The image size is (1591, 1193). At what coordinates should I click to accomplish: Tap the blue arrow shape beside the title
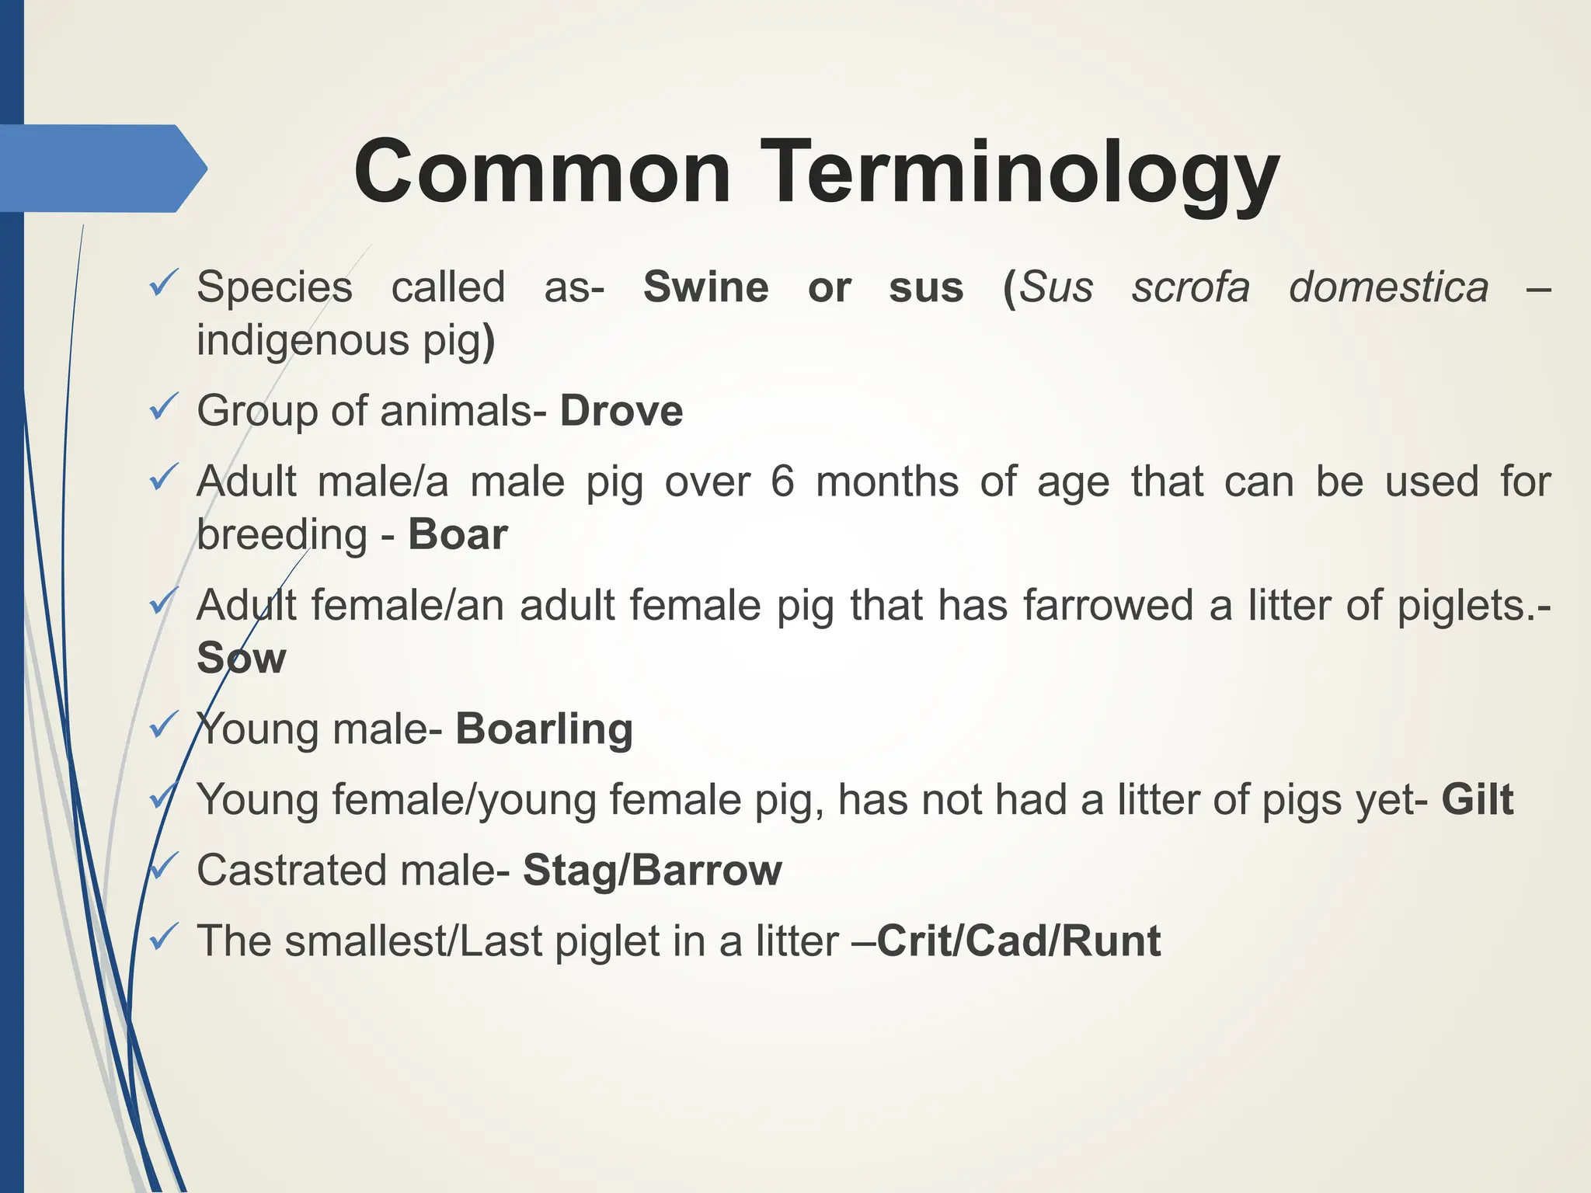(x=101, y=169)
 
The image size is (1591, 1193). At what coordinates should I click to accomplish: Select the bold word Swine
(x=705, y=287)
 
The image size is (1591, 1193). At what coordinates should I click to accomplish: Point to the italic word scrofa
(x=1190, y=287)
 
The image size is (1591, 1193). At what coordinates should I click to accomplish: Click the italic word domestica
(x=1388, y=287)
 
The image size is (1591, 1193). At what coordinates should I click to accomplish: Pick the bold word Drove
(x=621, y=411)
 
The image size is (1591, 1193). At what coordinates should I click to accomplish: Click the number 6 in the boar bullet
(x=782, y=482)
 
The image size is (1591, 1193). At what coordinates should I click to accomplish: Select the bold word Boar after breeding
(x=458, y=534)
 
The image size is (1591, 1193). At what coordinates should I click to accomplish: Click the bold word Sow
(x=241, y=658)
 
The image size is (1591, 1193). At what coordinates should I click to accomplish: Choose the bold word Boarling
(x=544, y=729)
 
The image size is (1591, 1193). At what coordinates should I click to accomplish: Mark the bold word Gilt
(x=1477, y=800)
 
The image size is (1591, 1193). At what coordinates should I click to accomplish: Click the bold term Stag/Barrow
(x=652, y=870)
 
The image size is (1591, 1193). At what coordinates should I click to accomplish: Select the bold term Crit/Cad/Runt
(x=1018, y=941)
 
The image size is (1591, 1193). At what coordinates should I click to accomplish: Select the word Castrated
(x=291, y=870)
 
